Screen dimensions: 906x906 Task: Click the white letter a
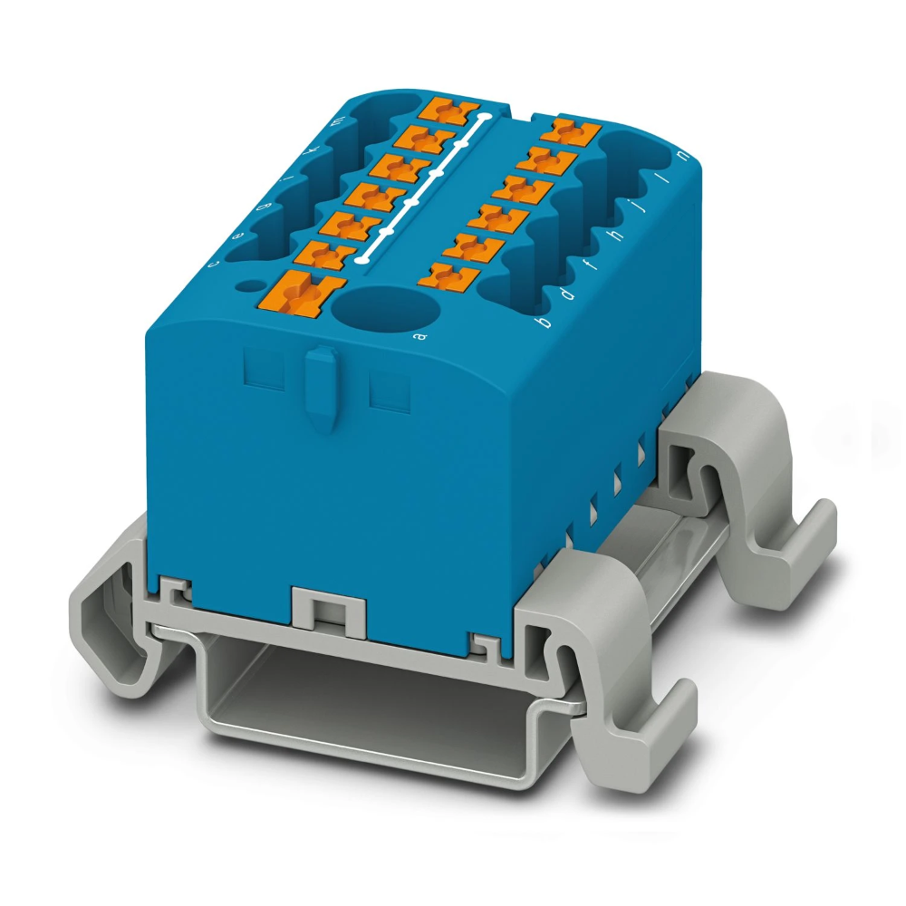tap(419, 338)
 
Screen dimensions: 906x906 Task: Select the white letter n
tap(681, 159)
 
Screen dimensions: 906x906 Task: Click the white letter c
tap(214, 264)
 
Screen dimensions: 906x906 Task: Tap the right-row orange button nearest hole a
tap(449, 274)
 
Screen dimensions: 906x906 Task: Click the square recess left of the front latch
tap(264, 371)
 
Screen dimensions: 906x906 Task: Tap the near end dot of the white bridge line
tap(362, 260)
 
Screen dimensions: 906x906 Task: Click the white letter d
tap(566, 294)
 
